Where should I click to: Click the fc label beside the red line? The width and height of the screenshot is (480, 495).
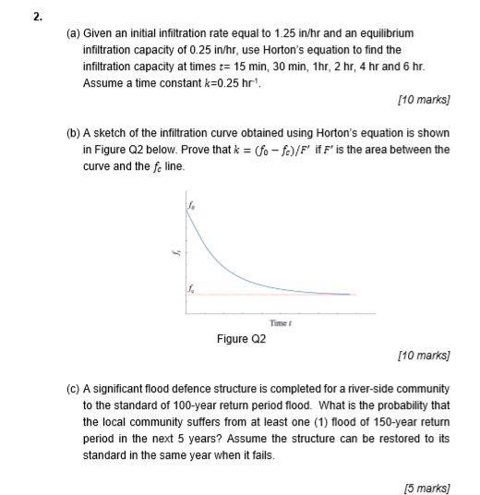tap(192, 285)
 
